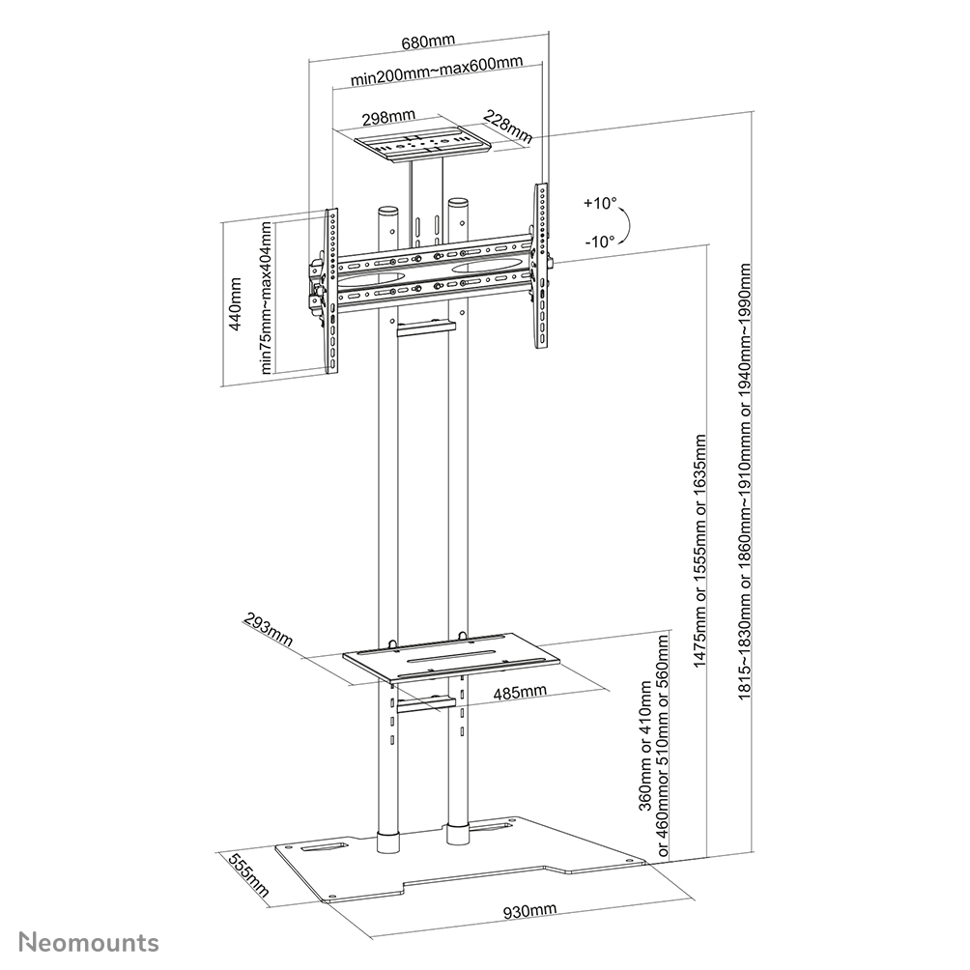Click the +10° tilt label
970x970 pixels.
pyautogui.click(x=598, y=204)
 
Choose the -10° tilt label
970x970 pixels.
pyautogui.click(x=599, y=242)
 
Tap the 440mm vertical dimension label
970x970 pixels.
pyautogui.click(x=235, y=304)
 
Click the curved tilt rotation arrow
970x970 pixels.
pyautogui.click(x=625, y=225)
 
